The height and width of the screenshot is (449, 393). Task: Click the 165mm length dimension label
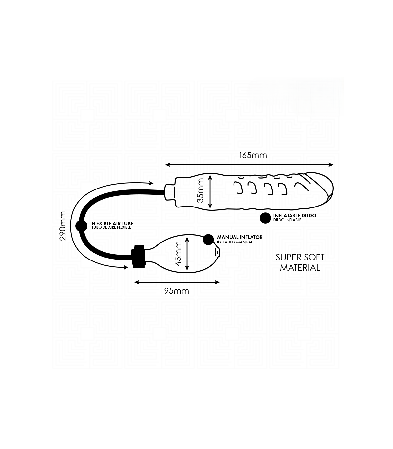[x=253, y=155]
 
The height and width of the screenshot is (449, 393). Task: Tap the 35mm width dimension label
[x=200, y=190]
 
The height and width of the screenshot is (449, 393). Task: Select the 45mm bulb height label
[x=178, y=254]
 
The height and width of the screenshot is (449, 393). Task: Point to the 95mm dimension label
[x=177, y=291]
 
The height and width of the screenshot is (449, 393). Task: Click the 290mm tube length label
[x=63, y=226]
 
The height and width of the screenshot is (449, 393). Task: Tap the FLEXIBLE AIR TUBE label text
[x=112, y=224]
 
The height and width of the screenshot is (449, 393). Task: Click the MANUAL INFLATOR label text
[x=240, y=237]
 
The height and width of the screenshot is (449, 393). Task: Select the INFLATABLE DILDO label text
[x=295, y=216]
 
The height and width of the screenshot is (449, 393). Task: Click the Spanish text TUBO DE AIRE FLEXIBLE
[x=111, y=227]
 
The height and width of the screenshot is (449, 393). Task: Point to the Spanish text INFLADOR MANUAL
[x=235, y=242]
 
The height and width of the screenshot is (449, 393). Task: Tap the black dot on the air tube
[x=81, y=226]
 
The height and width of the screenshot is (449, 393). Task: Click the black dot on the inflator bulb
[x=208, y=240]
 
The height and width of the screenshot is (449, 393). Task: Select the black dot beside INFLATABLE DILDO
[x=265, y=218]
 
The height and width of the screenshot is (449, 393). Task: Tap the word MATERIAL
[x=300, y=268]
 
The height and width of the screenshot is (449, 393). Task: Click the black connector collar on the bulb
[x=138, y=257]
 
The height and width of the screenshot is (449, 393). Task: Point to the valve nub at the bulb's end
[x=217, y=252]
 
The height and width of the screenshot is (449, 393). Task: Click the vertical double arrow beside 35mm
[x=210, y=191]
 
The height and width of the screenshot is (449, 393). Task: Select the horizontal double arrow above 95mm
[x=177, y=282]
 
